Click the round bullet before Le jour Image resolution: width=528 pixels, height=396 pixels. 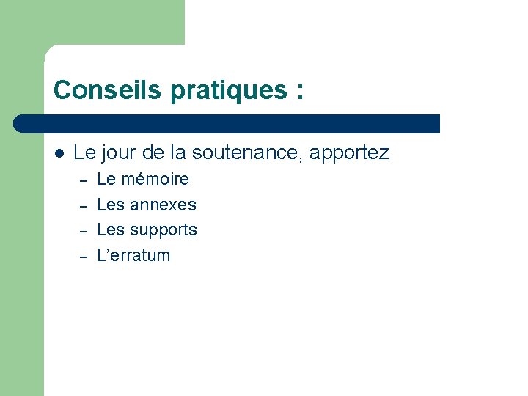click(59, 153)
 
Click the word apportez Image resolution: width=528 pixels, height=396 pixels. click(349, 153)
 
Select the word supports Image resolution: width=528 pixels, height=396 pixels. click(164, 230)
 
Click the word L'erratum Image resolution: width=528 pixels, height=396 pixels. click(133, 255)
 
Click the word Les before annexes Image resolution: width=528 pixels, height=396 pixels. click(111, 205)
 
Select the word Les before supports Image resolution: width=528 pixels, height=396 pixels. click(111, 230)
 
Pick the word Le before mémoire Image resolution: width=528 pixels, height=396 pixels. click(106, 179)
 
